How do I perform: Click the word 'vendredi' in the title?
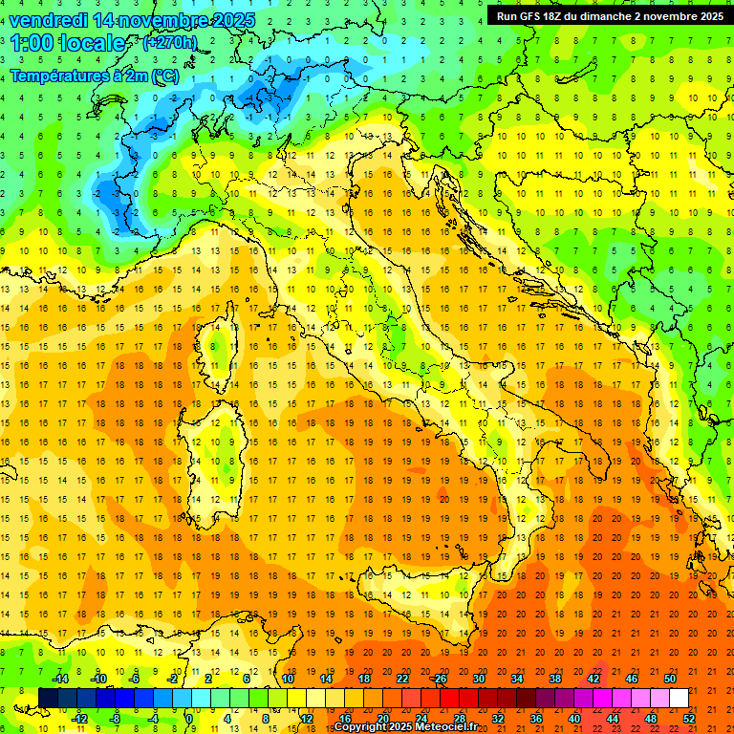50,20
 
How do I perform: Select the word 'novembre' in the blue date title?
162,20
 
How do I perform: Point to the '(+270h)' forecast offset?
169,43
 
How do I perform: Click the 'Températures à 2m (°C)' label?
94,75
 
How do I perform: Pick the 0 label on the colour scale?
188,719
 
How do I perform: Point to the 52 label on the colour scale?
689,719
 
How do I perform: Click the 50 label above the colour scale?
670,679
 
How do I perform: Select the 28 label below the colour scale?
459,719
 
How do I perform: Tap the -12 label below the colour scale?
80,719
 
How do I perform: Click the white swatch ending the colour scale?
679,699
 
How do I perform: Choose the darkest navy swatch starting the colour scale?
48,699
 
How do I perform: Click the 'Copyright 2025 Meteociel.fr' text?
405,727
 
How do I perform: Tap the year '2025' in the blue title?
229,20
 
